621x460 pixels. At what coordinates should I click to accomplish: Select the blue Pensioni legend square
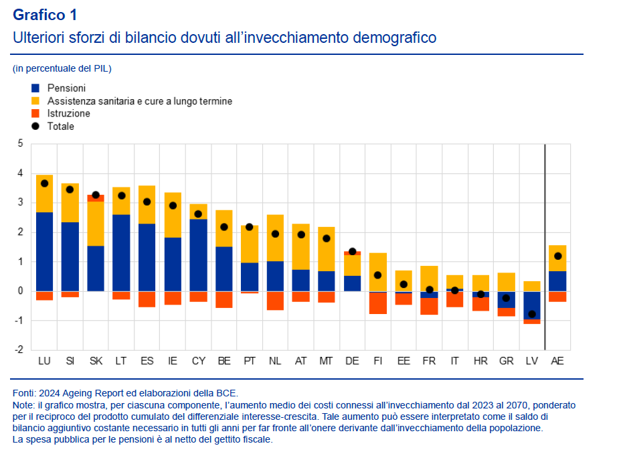coord(35,88)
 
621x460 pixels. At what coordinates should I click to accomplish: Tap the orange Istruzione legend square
coord(35,113)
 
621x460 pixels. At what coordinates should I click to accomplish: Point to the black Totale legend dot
coord(35,126)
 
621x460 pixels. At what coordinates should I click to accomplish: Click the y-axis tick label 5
coord(20,144)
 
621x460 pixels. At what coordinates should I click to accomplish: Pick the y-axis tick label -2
coord(18,350)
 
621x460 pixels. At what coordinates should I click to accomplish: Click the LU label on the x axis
coord(44,361)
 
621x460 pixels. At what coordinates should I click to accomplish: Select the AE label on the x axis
coord(557,361)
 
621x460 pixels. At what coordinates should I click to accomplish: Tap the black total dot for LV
coord(532,314)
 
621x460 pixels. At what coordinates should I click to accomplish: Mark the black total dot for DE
coord(352,252)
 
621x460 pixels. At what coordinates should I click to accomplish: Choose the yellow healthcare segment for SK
coord(96,224)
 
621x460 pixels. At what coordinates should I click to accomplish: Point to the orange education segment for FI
coord(378,303)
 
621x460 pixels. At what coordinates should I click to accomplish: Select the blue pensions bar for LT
coord(121,252)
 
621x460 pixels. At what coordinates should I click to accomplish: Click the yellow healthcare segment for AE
coord(557,258)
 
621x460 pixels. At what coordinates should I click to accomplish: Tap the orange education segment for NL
coord(275,301)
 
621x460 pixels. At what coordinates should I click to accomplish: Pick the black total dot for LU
coord(44,183)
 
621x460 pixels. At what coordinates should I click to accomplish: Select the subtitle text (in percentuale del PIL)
coord(62,68)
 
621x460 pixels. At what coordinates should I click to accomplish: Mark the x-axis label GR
coord(507,361)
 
